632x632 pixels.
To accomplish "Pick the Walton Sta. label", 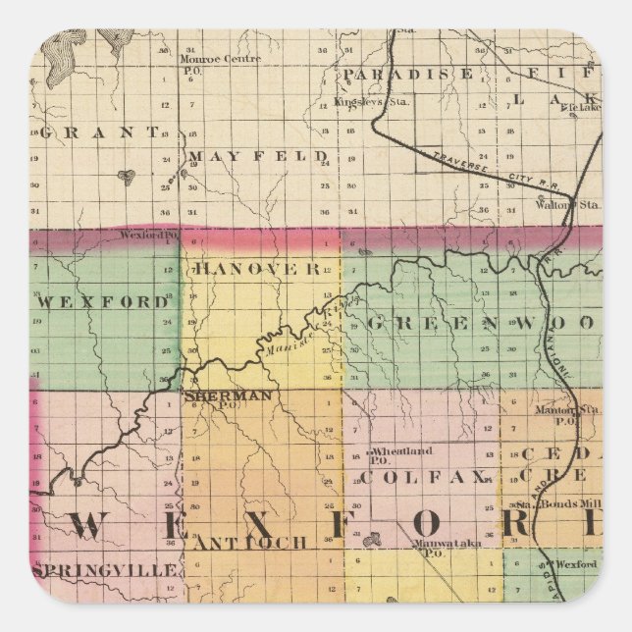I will (567, 205).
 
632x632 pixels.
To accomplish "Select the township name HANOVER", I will (256, 267).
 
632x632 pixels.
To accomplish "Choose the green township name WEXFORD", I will (104, 302).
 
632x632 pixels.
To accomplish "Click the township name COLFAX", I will (424, 477).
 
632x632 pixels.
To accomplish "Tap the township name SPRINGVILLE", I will (105, 570).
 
